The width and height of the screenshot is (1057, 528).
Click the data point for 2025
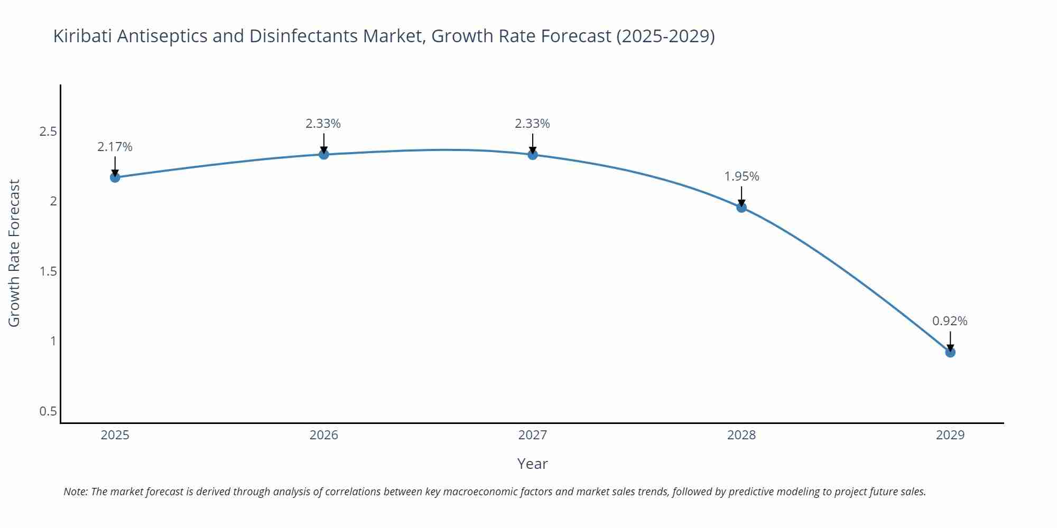pyautogui.click(x=115, y=177)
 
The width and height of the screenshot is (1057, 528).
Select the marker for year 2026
pyautogui.click(x=324, y=154)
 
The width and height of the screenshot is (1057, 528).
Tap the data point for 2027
pyautogui.click(x=533, y=154)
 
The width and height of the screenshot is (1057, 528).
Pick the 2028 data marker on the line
pyautogui.click(x=741, y=207)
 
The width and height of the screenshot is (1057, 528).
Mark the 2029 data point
pyautogui.click(x=950, y=352)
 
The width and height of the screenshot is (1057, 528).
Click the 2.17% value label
pyautogui.click(x=115, y=147)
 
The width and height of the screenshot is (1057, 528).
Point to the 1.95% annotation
pyautogui.click(x=741, y=176)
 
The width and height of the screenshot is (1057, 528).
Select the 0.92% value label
pyautogui.click(x=950, y=321)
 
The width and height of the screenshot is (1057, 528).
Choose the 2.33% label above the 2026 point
pyautogui.click(x=323, y=124)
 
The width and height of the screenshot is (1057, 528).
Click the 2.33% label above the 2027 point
pyautogui.click(x=532, y=124)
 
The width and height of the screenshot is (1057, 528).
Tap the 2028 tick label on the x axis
pyautogui.click(x=741, y=435)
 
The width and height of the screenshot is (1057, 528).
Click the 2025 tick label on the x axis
pyautogui.click(x=115, y=435)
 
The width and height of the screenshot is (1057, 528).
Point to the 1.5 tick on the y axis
pyautogui.click(x=48, y=271)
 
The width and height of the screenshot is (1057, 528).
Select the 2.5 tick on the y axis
pyautogui.click(x=48, y=131)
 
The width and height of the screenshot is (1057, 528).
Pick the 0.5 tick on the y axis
pyautogui.click(x=48, y=411)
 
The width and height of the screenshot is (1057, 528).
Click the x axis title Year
pyautogui.click(x=532, y=464)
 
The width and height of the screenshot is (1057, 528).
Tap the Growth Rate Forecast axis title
pyautogui.click(x=14, y=253)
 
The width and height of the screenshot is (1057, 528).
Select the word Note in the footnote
pyautogui.click(x=76, y=492)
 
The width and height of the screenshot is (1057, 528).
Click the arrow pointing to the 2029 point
pyautogui.click(x=950, y=341)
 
